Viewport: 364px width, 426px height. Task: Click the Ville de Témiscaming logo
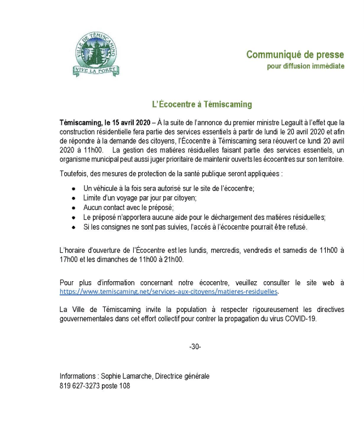point(96,54)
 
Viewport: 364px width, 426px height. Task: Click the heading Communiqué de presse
point(295,55)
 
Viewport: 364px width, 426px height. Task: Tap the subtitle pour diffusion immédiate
point(305,66)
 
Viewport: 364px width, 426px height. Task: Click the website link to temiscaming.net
point(169,291)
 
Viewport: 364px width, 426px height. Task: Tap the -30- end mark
point(195,347)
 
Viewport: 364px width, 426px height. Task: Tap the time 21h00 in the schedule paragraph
point(175,260)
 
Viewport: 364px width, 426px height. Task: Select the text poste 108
point(116,385)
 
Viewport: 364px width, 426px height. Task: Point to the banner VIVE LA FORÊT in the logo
point(96,70)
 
